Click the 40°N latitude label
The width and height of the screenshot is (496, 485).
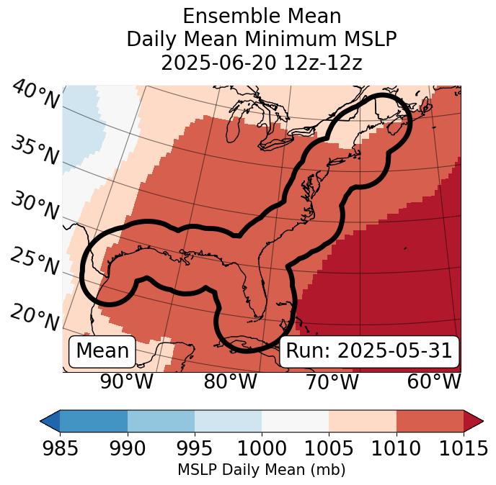pyautogui.click(x=35, y=95)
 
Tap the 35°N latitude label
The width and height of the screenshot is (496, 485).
pyautogui.click(x=35, y=150)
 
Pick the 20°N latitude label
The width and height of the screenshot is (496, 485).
pyautogui.click(x=35, y=317)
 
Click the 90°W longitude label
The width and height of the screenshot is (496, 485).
pyautogui.click(x=127, y=381)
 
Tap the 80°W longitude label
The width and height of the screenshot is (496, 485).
pyautogui.click(x=230, y=381)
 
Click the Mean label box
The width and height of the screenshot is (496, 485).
pyautogui.click(x=102, y=351)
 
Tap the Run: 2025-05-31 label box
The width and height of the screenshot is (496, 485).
pyautogui.click(x=369, y=351)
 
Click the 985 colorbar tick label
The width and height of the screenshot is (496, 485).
pyautogui.click(x=60, y=448)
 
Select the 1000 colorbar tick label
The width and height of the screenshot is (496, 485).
pyautogui.click(x=262, y=448)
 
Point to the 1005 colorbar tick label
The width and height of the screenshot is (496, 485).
pyautogui.click(x=329, y=448)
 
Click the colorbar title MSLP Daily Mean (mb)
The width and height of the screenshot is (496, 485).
pyautogui.click(x=261, y=471)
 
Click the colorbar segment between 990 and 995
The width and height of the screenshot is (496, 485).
pyautogui.click(x=161, y=421)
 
